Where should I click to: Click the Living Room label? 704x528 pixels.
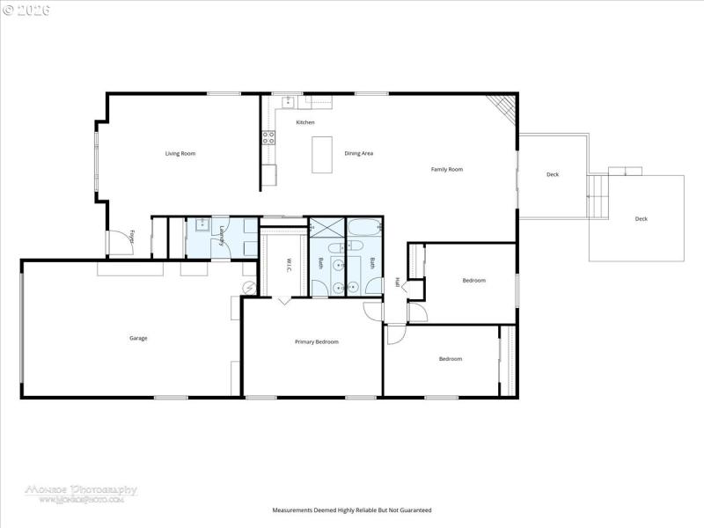click(x=180, y=154)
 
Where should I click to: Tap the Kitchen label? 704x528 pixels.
click(x=304, y=122)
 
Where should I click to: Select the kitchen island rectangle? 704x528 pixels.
click(x=323, y=154)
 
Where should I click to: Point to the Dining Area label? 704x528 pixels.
click(x=358, y=154)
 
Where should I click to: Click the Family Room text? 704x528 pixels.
click(x=446, y=169)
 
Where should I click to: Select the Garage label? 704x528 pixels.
click(x=138, y=338)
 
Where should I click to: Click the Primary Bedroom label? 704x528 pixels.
click(x=316, y=341)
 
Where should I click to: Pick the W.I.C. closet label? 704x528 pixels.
click(x=288, y=263)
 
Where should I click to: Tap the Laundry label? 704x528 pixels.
click(x=221, y=236)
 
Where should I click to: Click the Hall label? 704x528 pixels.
click(x=397, y=282)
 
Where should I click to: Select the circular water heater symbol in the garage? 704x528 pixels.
click(x=249, y=287)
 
